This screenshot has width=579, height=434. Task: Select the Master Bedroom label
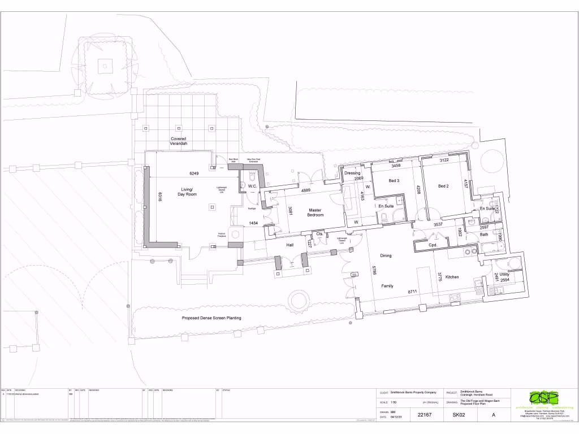[315, 212]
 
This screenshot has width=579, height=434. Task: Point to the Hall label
[290, 245]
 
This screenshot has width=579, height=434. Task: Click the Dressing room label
[352, 173]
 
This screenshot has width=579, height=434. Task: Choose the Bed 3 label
[394, 181]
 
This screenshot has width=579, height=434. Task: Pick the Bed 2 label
[443, 186]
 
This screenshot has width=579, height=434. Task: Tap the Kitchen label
[452, 277]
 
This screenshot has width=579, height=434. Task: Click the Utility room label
[504, 274]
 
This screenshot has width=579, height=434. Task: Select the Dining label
[386, 256]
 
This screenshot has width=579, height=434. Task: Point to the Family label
[387, 286]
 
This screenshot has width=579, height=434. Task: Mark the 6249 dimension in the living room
[194, 173]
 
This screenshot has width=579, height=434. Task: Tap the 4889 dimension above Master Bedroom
[305, 190]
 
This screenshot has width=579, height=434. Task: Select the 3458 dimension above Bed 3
[396, 166]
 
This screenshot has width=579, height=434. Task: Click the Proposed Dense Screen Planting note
[211, 318]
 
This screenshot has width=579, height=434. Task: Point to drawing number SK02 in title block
[458, 415]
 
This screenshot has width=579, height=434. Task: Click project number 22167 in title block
[424, 415]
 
